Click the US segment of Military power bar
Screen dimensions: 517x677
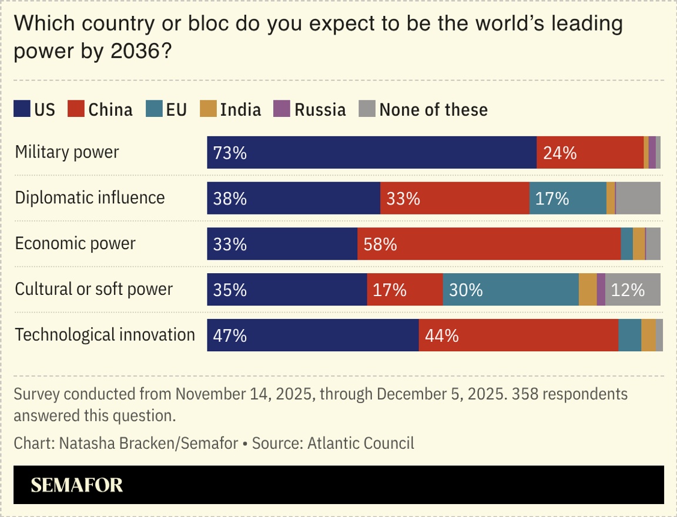tap(371, 153)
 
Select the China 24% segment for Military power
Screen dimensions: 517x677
tap(590, 153)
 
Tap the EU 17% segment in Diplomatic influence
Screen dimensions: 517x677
tap(568, 198)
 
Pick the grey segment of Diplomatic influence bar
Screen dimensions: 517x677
tap(638, 198)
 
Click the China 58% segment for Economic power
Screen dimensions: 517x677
tap(489, 244)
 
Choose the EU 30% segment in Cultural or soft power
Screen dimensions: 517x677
tap(511, 290)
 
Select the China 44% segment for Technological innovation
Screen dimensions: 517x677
tap(518, 335)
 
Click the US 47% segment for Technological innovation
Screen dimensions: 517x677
tap(313, 335)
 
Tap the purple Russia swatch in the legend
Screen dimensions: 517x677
tap(283, 109)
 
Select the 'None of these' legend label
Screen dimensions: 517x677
tap(433, 110)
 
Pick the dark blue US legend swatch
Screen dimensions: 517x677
tap(22, 109)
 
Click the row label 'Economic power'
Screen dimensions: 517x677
tap(75, 244)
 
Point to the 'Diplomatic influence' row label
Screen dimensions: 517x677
tap(90, 198)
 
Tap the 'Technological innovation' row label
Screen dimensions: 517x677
tap(105, 335)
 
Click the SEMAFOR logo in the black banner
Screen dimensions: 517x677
tap(77, 485)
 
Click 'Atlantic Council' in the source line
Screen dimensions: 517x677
tap(360, 443)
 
